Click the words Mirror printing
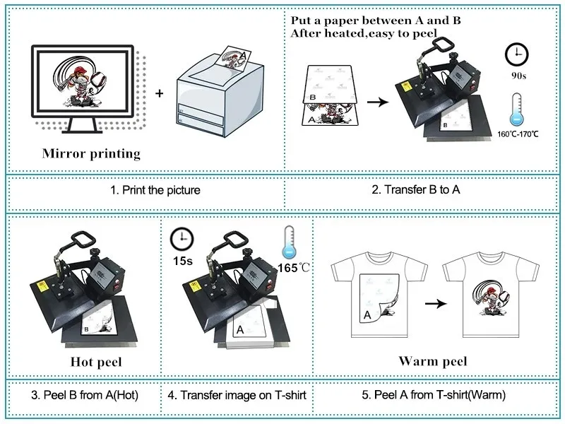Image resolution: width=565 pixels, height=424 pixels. (x=91, y=153)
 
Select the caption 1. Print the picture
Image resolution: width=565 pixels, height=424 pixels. (x=155, y=190)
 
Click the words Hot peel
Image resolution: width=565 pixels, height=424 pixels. (x=96, y=363)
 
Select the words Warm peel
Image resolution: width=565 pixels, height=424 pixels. (x=433, y=362)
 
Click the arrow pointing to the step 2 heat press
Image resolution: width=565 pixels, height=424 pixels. (x=379, y=102)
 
